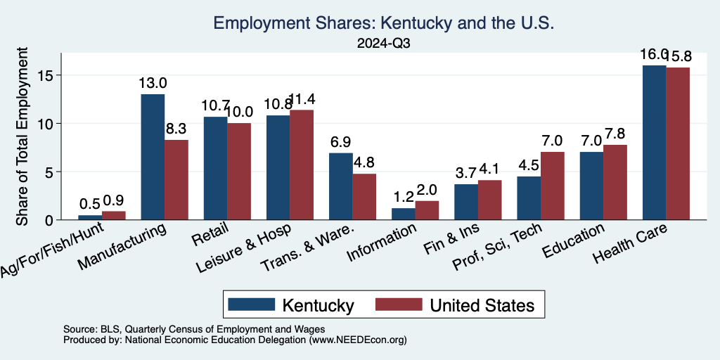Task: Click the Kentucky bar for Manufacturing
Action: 153,157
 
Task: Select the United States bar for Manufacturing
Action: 176,179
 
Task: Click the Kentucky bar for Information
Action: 403,214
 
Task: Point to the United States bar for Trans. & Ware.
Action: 365,196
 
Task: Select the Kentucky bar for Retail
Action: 215,168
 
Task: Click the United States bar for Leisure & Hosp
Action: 302,165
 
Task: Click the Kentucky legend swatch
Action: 251,305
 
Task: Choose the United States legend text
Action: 482,305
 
